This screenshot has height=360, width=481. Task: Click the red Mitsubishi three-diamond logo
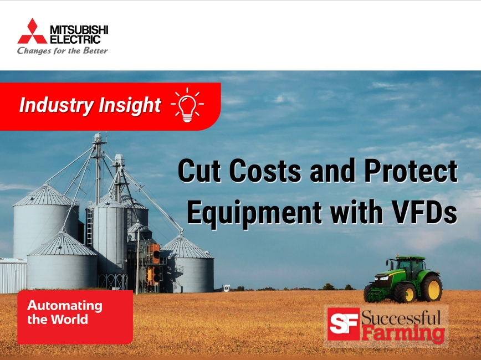coord(32,32)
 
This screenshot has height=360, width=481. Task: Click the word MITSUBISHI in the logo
coord(79,29)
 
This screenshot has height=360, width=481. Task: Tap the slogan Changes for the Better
coord(62,51)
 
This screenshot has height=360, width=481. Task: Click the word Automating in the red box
coord(65,306)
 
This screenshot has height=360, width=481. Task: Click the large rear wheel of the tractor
coord(430,289)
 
